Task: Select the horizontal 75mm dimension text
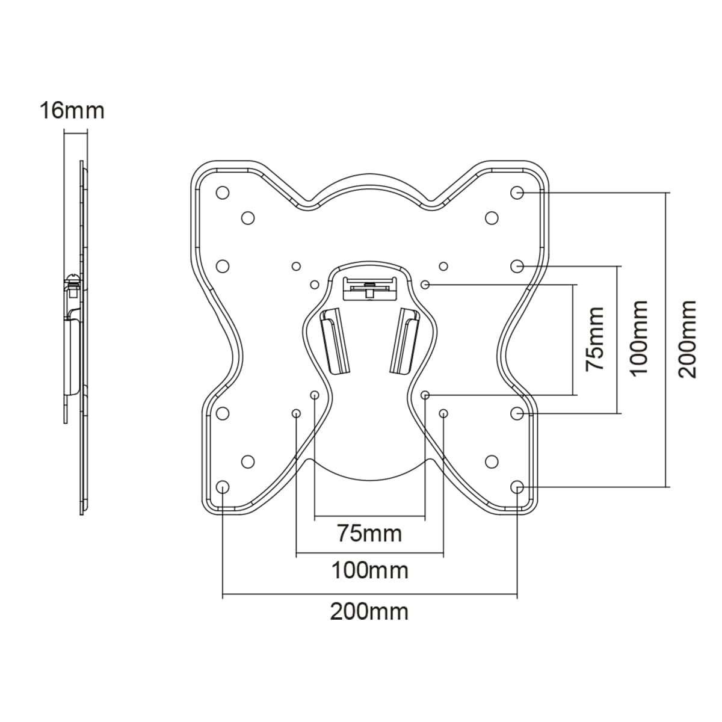click(369, 533)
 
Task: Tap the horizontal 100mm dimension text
click(369, 570)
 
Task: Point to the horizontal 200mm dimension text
click(369, 611)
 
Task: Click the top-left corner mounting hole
click(223, 193)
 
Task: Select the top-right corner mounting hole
click(517, 193)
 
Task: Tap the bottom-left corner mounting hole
click(223, 487)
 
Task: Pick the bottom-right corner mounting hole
click(517, 487)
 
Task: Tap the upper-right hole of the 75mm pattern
click(425, 284)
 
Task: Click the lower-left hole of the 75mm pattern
click(314, 395)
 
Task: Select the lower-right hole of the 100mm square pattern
click(443, 413)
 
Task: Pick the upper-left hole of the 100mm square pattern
click(295, 265)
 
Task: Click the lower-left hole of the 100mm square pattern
click(296, 413)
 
